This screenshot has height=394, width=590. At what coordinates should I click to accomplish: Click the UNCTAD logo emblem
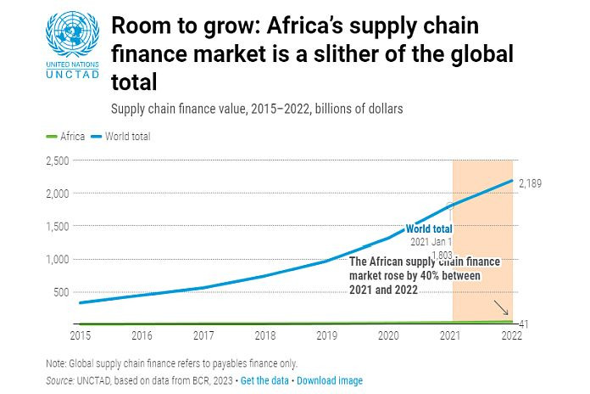[72, 35]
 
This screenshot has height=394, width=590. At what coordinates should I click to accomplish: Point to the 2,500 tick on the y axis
[58, 160]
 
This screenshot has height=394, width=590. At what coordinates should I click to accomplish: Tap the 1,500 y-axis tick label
[58, 227]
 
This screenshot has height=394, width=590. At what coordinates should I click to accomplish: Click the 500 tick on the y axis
[62, 292]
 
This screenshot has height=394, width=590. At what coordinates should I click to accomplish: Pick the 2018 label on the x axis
[264, 335]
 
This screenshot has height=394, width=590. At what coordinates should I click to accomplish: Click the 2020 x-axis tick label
[388, 335]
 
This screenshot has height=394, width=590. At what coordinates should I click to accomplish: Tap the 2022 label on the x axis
[511, 335]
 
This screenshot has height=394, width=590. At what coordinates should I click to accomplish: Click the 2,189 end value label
[530, 183]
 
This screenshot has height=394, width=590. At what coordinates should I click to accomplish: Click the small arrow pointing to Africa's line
[501, 308]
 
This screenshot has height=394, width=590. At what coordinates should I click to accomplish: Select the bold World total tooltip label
[429, 228]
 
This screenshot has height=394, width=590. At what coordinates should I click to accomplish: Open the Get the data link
[264, 380]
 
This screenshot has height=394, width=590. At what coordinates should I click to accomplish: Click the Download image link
[330, 380]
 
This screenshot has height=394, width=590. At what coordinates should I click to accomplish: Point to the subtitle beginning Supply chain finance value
[257, 109]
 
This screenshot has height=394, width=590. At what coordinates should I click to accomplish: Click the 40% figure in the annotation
[444, 276]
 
